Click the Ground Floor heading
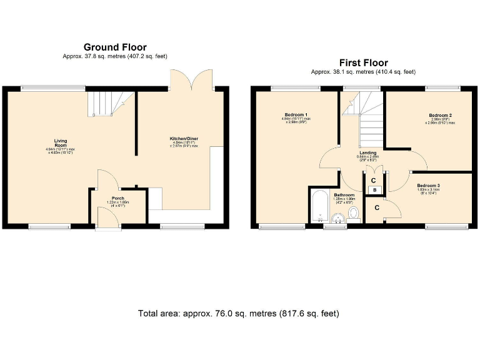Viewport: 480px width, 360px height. coord(115,47)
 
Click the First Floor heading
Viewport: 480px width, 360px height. coord(363,62)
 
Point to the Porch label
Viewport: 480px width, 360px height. coord(118,199)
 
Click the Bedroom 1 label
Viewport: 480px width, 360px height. coord(295,115)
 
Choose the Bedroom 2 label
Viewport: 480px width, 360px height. coord(440,115)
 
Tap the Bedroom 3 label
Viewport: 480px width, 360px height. coord(429,186)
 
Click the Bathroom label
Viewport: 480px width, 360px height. coord(344,195)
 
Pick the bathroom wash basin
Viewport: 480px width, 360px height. coord(336,218)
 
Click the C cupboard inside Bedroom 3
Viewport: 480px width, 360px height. coord(377,207)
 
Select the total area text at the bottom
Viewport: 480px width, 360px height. coord(239,313)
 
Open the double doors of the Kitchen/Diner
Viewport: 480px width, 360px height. coord(192,79)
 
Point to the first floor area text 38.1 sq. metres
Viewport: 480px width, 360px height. coord(363,72)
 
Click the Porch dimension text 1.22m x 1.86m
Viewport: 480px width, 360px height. coord(118,203)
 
